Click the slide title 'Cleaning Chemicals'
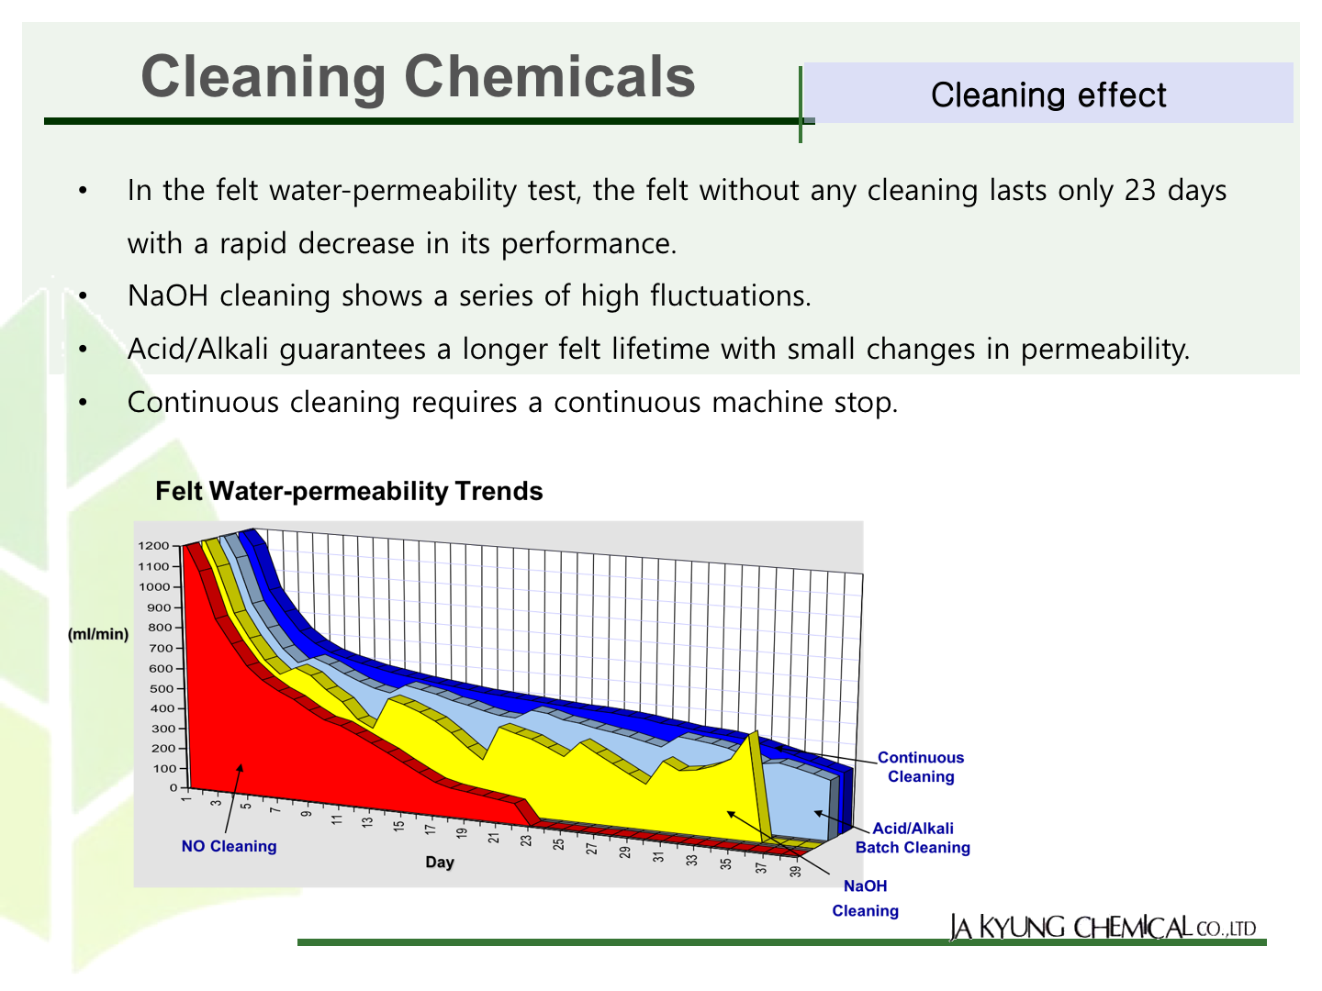pyautogui.click(x=418, y=76)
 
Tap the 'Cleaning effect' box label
pyautogui.click(x=1048, y=95)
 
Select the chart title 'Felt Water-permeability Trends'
pyautogui.click(x=350, y=491)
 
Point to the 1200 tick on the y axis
pyautogui.click(x=153, y=546)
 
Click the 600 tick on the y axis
pyautogui.click(x=161, y=669)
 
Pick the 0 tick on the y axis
pyautogui.click(x=174, y=787)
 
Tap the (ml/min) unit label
pyautogui.click(x=98, y=634)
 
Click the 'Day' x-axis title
pyautogui.click(x=440, y=863)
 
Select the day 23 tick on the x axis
pyautogui.click(x=526, y=840)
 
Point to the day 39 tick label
pyautogui.click(x=796, y=871)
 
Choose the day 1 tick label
pyautogui.click(x=186, y=799)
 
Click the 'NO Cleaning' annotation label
pyautogui.click(x=229, y=846)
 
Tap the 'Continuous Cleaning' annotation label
pyautogui.click(x=921, y=767)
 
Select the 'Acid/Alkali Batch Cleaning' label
pyautogui.click(x=913, y=838)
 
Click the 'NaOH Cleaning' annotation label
pyautogui.click(x=866, y=898)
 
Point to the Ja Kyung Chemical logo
pyautogui.click(x=1103, y=927)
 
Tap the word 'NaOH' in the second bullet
pyautogui.click(x=168, y=296)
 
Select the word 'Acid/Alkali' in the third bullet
pyautogui.click(x=197, y=349)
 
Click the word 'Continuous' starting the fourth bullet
pyautogui.click(x=203, y=402)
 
